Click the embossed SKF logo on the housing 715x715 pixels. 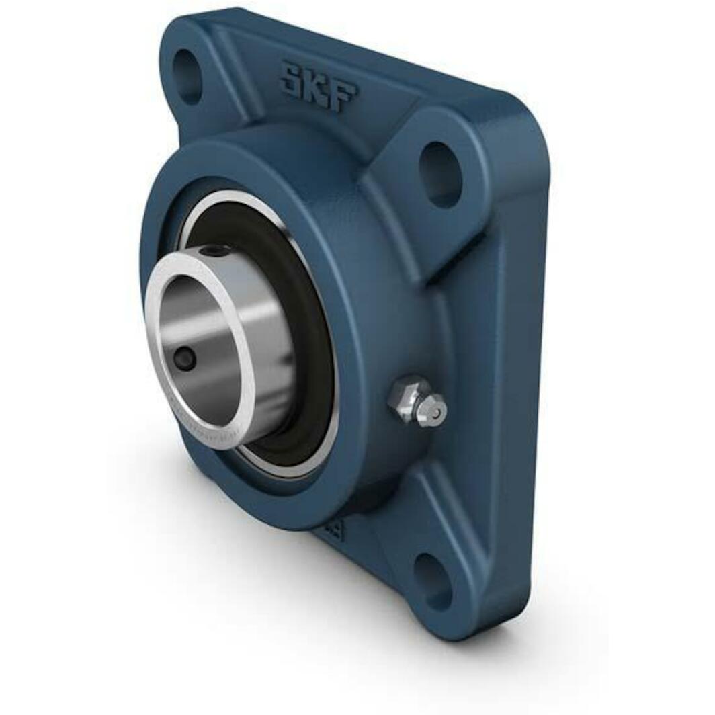(317, 86)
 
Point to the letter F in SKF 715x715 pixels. (343, 96)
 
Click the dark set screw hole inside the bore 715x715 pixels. (185, 360)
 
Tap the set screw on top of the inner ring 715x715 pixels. (216, 251)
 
